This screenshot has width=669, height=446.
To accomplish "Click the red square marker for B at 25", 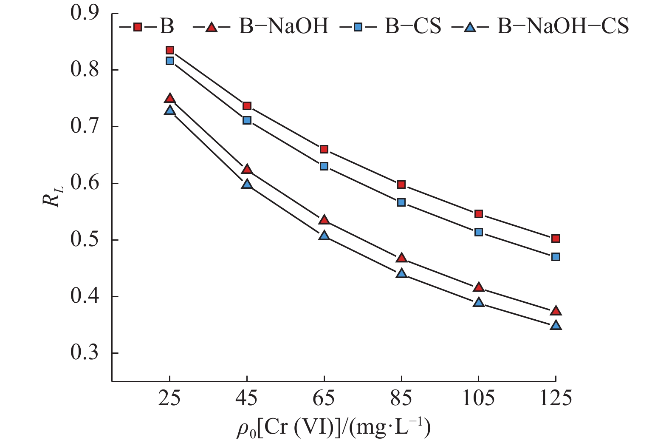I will (170, 51).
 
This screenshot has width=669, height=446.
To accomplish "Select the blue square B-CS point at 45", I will (247, 120).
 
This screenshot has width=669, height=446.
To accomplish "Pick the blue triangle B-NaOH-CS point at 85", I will (401, 273).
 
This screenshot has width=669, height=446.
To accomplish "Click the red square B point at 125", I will (556, 239).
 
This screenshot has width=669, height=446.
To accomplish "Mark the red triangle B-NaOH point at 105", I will (479, 287).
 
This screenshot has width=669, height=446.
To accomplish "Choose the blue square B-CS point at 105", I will (479, 232).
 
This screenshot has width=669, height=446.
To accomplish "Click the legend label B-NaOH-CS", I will (563, 26).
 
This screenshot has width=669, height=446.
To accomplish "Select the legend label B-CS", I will (413, 26).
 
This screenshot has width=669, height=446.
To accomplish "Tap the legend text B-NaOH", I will (284, 26).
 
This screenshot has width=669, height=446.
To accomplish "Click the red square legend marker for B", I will (137, 27).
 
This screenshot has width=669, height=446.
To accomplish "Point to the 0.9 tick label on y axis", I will (85, 13).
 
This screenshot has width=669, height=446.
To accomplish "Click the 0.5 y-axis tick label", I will (85, 240).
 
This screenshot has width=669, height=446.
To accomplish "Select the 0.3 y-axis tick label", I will (85, 353).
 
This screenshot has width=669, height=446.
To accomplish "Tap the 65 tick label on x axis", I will (324, 399).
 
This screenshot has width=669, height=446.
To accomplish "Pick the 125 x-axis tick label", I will (556, 399).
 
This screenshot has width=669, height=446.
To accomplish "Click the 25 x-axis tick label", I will (169, 399).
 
